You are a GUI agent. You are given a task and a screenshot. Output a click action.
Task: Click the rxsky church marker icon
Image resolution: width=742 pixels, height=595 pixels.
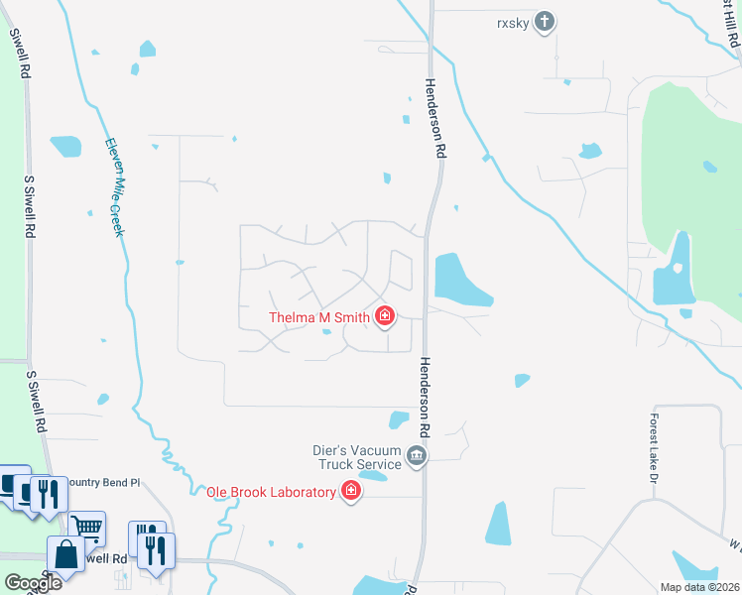click(x=544, y=21)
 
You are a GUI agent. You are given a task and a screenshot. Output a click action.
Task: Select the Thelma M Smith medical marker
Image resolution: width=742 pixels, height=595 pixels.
click(x=385, y=317)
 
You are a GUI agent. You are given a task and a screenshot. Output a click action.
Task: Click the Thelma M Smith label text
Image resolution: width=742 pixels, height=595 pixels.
click(x=319, y=318)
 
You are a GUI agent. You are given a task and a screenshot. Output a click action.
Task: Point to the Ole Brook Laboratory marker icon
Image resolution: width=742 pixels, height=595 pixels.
click(x=350, y=491)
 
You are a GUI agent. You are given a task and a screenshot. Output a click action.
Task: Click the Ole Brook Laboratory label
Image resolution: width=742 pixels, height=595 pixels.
click(x=271, y=492)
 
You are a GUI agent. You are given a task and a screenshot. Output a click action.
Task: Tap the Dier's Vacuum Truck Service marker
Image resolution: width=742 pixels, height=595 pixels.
click(x=417, y=457)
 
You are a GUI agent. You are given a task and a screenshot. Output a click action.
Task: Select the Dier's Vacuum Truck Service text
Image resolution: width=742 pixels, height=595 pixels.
click(x=357, y=457)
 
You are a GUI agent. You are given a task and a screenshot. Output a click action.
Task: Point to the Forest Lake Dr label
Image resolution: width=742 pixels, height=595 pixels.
click(x=655, y=448)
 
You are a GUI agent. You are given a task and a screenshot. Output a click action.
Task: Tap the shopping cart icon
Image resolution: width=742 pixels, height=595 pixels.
click(x=87, y=527)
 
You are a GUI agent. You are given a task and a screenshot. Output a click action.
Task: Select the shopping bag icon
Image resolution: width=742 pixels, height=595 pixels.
click(x=65, y=554)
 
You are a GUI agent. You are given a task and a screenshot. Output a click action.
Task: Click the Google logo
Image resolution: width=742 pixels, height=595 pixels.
click(x=32, y=582)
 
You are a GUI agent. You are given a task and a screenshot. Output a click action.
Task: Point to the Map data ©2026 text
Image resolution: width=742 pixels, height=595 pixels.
click(x=698, y=587)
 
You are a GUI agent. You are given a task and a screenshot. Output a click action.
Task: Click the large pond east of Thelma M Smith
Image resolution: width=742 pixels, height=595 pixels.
click(x=458, y=280)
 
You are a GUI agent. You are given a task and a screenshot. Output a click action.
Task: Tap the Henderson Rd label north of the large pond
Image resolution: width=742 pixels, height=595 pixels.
click(x=433, y=119)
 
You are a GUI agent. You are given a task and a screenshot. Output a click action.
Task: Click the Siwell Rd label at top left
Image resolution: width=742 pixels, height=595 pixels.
click(x=20, y=56)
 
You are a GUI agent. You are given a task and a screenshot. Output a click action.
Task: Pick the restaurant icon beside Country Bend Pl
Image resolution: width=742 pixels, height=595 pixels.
click(x=47, y=493)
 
